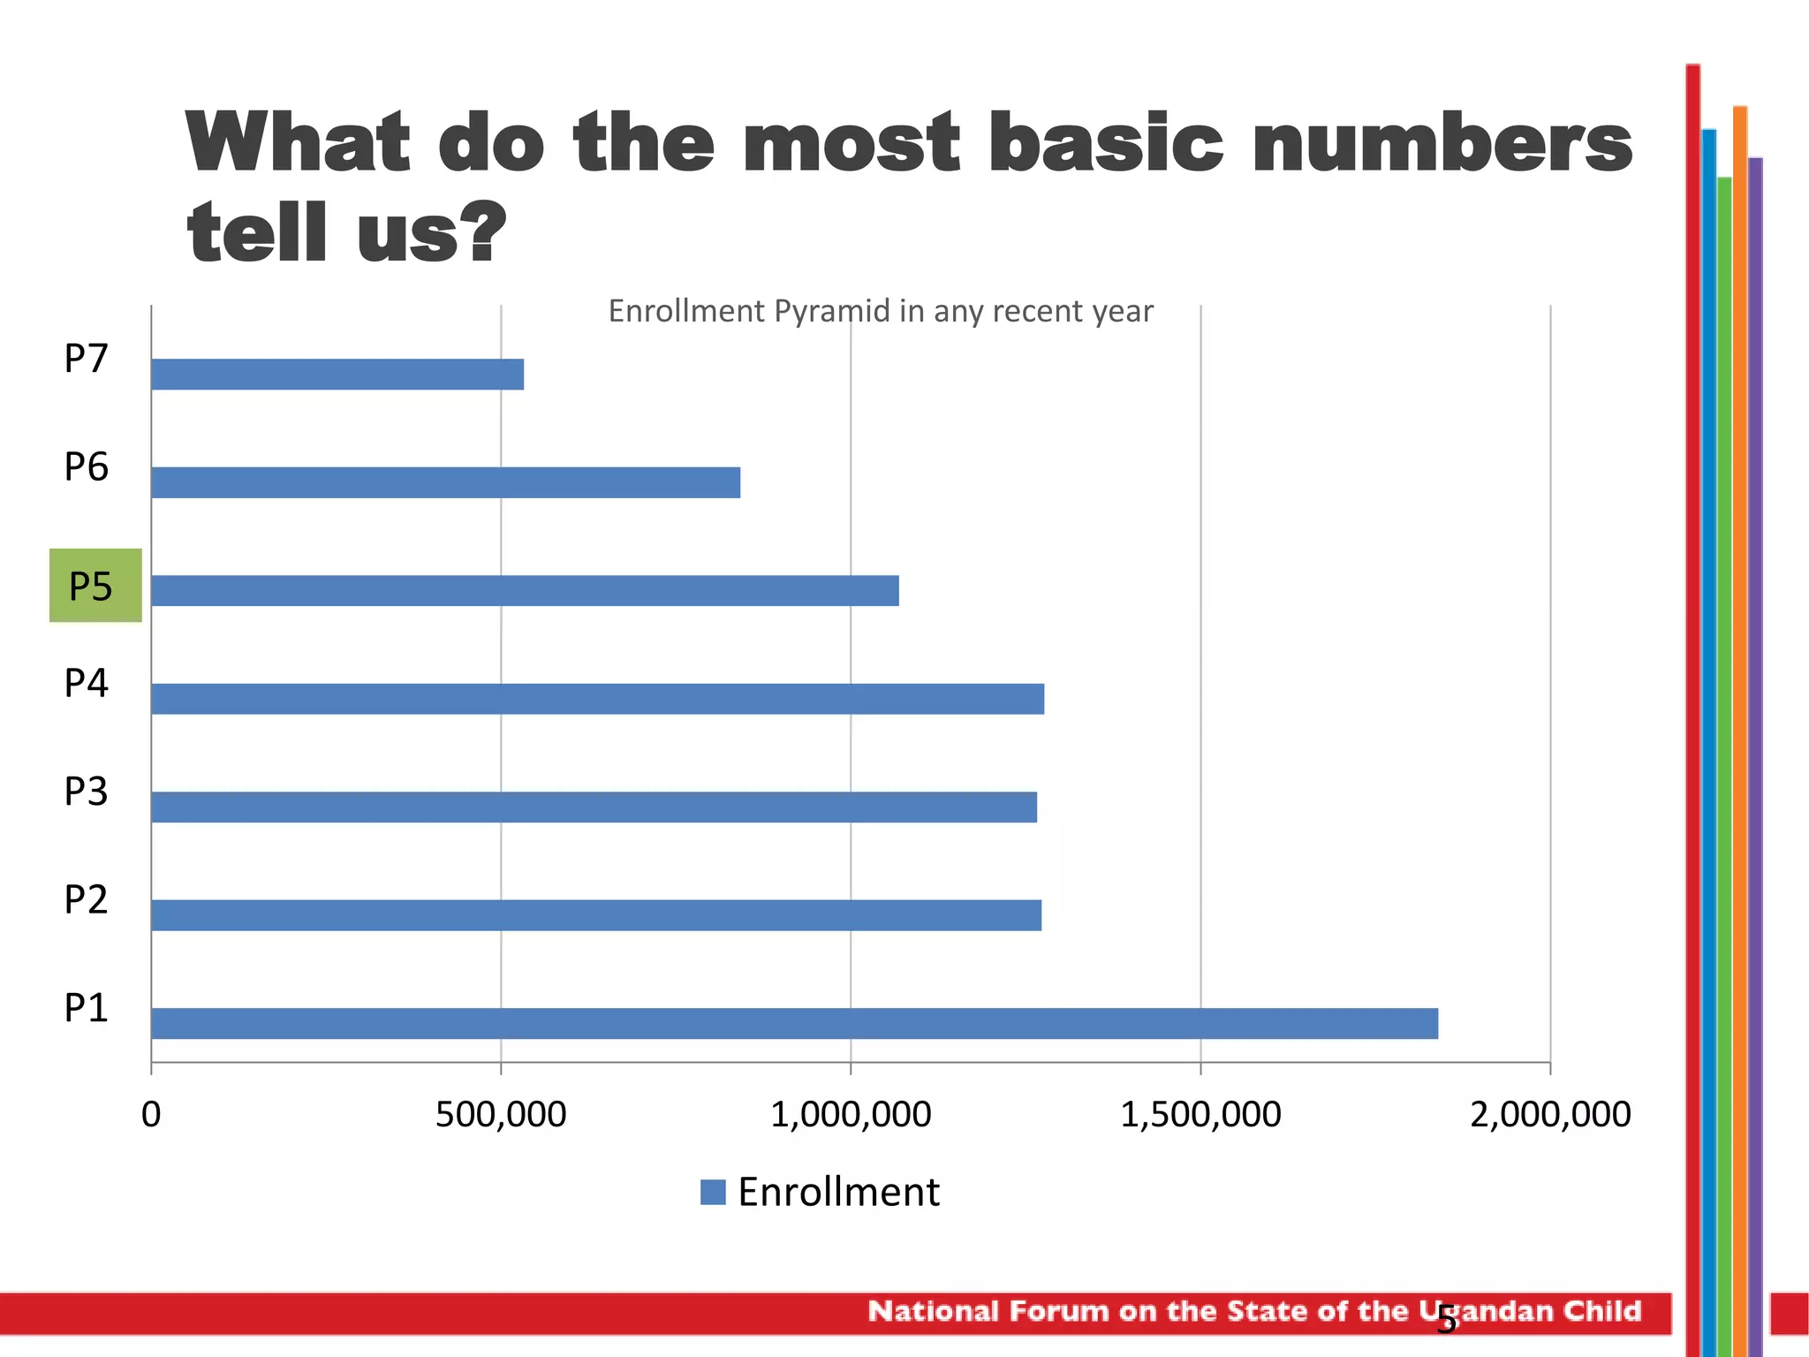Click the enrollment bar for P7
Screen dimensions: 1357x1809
[337, 375]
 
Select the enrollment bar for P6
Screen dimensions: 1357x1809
[445, 482]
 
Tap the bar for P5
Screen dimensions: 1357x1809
[525, 590]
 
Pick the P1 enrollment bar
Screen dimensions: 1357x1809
[794, 1023]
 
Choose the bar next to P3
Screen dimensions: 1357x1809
[594, 807]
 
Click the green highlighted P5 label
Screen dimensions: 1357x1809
[95, 586]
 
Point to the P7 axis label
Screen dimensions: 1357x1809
[86, 359]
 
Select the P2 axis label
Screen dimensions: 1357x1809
[86, 899]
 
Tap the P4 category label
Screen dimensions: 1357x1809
[86, 683]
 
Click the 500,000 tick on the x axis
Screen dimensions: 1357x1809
[501, 1115]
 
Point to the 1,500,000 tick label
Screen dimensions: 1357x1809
[1200, 1115]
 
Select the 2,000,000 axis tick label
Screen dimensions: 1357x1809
[1550, 1115]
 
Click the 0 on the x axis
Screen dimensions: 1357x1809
[151, 1115]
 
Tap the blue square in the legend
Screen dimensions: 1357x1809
[713, 1192]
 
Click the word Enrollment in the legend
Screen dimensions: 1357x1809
[838, 1192]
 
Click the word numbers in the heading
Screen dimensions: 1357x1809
[1442, 143]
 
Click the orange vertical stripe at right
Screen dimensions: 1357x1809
[1739, 707]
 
